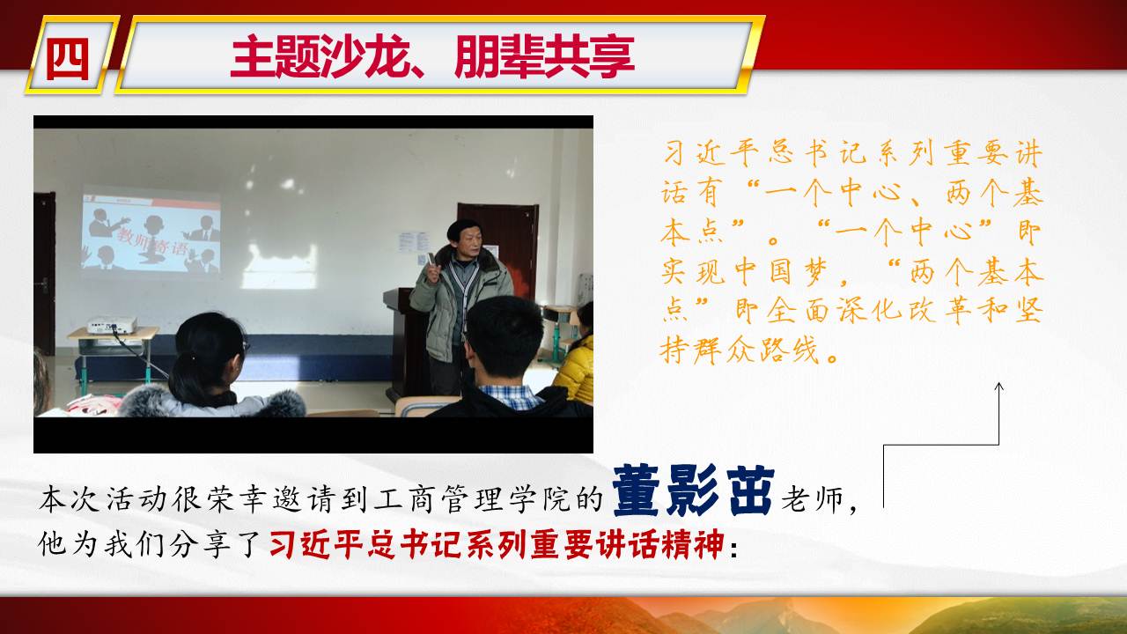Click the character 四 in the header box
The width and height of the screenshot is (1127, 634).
point(68,58)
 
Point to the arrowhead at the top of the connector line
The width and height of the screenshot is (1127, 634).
point(998,387)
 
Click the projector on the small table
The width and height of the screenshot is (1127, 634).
point(112,325)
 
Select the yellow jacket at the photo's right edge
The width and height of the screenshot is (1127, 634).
point(575,369)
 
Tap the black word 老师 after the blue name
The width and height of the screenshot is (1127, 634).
point(812,498)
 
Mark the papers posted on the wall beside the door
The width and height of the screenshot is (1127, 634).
point(414,244)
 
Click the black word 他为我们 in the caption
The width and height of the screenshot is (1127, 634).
point(100,544)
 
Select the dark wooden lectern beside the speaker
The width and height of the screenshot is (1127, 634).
point(407,343)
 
